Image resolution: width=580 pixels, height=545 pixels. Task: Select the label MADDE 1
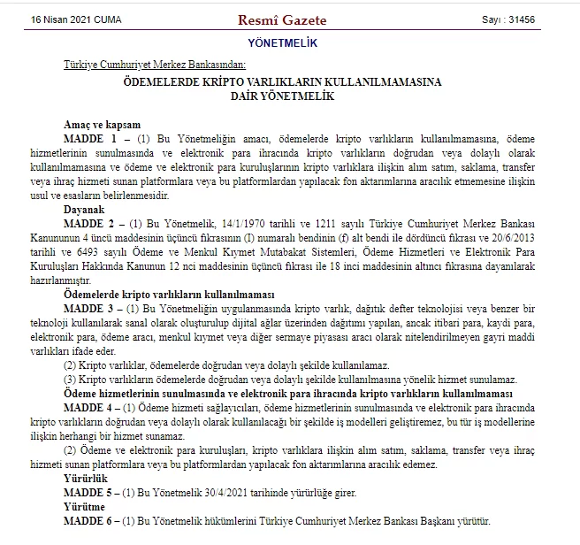(x=90, y=139)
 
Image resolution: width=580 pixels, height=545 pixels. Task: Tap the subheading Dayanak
(x=84, y=210)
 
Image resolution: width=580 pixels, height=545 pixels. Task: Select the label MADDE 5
(x=90, y=491)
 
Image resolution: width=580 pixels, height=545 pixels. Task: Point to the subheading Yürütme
(x=83, y=507)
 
